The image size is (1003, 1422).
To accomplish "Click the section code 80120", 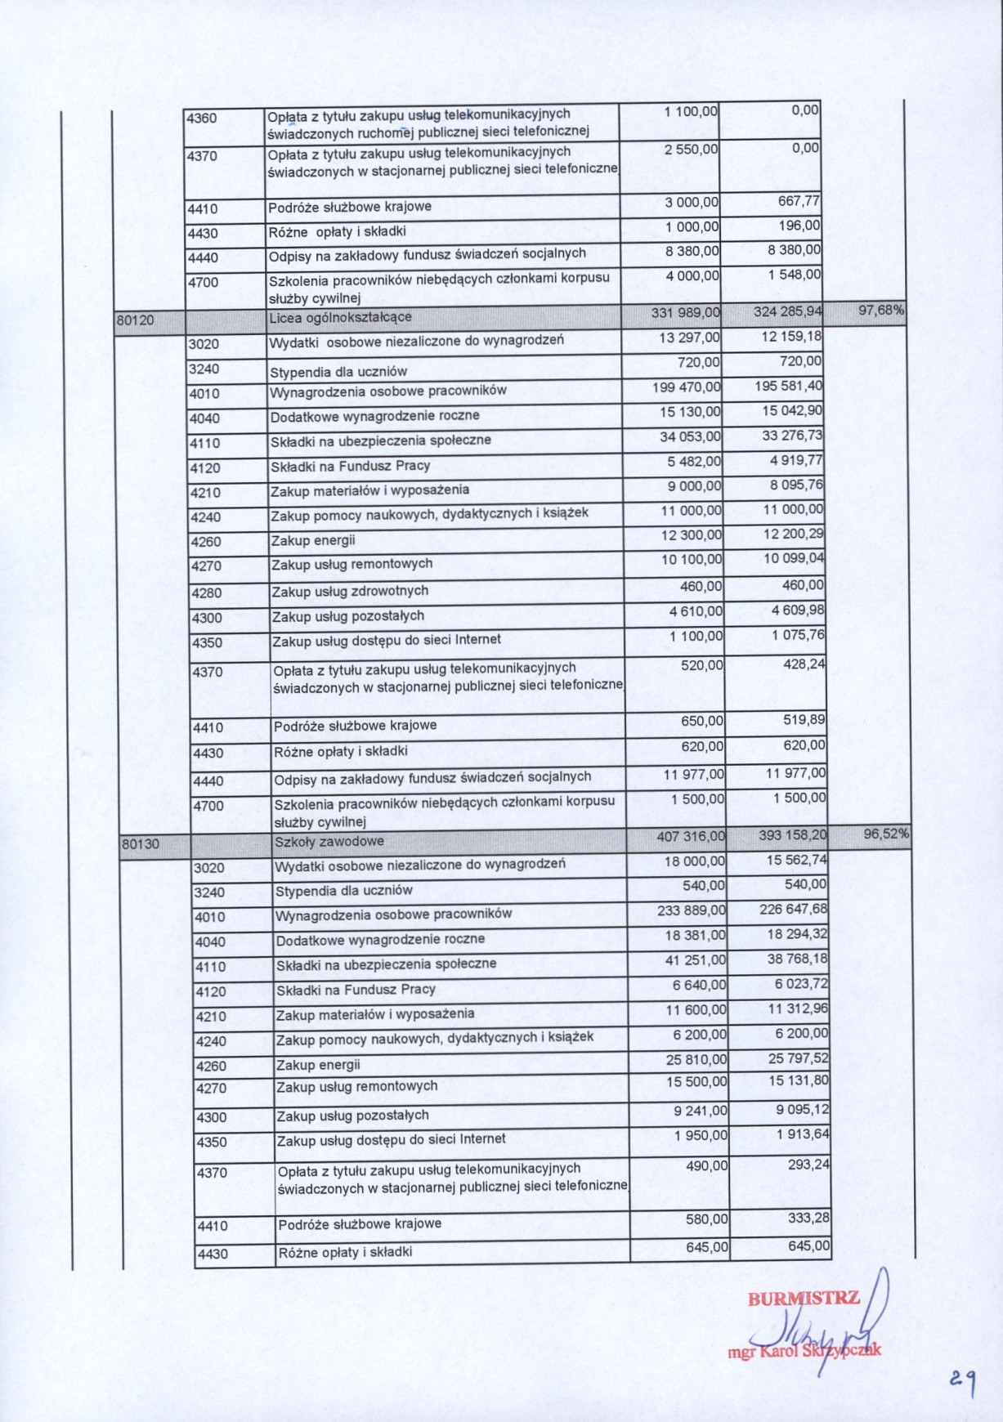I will coord(135,320).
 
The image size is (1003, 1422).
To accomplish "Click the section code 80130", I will coord(141,843).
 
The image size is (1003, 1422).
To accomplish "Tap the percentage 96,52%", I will coord(886,834).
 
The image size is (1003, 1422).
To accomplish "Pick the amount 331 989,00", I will coord(685,312).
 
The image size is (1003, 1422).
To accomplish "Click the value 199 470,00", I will coord(687,387).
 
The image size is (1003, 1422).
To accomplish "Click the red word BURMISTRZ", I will coord(804,1299).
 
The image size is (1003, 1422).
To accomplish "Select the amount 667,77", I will coord(799,201).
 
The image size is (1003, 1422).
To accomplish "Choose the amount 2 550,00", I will coord(691,149).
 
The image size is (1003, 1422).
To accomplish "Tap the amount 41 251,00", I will coord(695,961).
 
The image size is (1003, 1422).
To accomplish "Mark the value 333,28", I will coord(808,1218).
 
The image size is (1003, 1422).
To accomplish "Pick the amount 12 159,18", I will coord(791,337).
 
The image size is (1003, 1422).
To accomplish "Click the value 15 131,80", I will coord(799,1080).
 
